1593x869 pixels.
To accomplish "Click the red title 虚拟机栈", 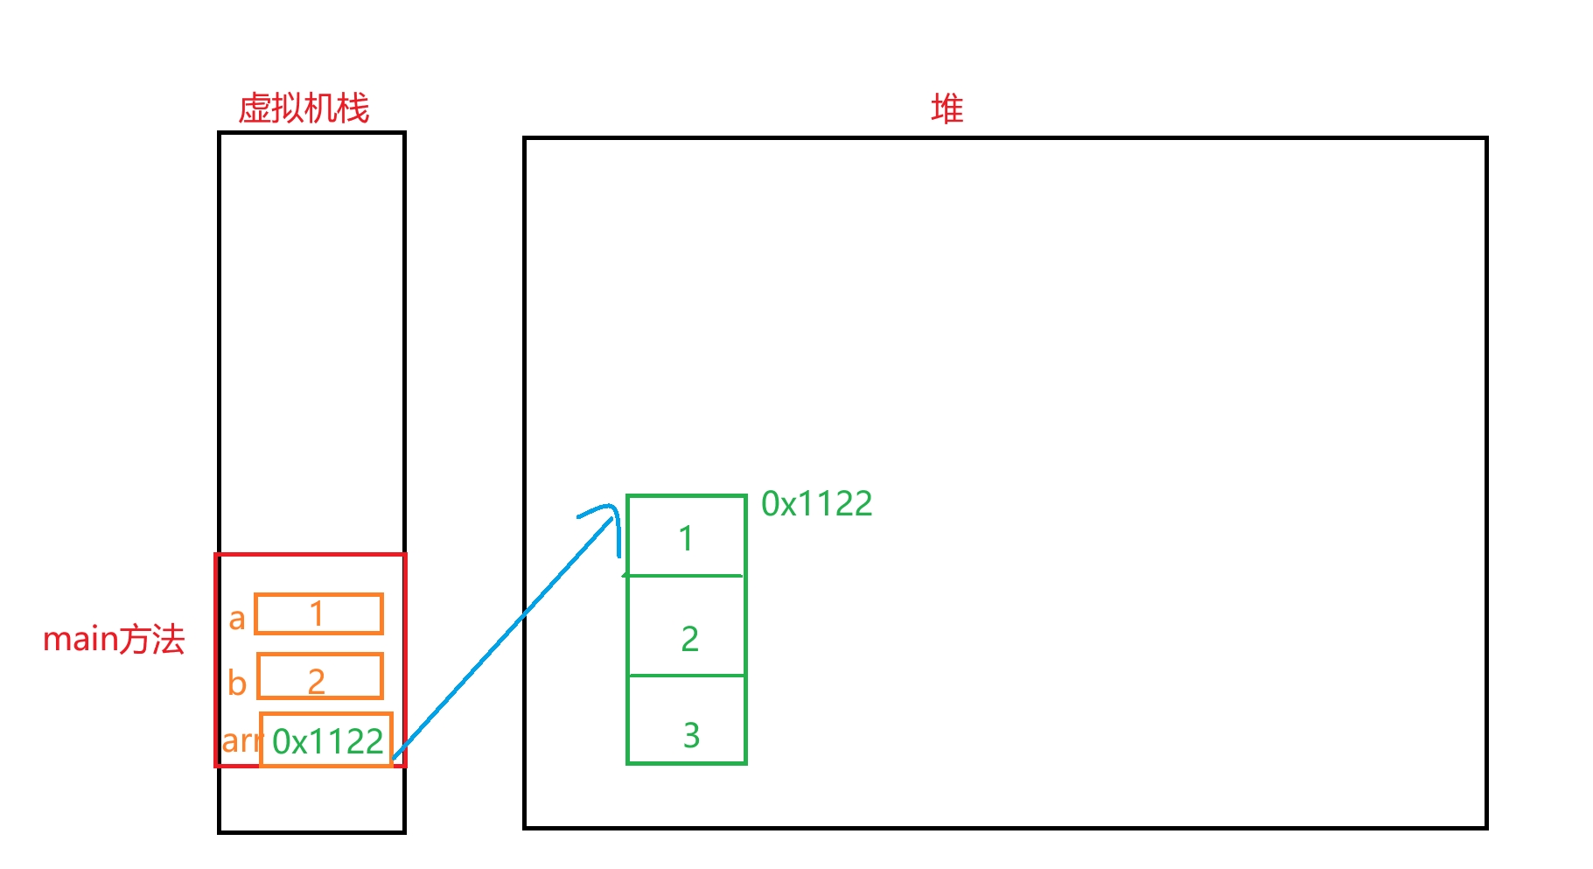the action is [304, 109].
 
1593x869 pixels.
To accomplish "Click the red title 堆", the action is [947, 109].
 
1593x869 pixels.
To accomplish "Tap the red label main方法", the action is [114, 640].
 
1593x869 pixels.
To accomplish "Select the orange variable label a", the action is [237, 619].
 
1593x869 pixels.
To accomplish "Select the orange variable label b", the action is [237, 683].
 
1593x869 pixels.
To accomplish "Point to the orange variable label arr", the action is [241, 741].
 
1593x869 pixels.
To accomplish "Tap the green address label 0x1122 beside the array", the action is [816, 504].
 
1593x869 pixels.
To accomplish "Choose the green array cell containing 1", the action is [686, 536].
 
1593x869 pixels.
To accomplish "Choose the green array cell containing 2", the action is [686, 626].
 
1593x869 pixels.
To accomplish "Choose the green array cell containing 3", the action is [686, 719].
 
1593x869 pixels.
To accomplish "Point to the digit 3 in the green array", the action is [691, 736].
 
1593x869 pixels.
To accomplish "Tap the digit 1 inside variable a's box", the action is [317, 613].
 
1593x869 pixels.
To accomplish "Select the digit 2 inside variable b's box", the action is [317, 681].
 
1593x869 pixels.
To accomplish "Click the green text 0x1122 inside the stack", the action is [327, 742].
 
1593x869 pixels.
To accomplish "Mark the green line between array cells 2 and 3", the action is [686, 676].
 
